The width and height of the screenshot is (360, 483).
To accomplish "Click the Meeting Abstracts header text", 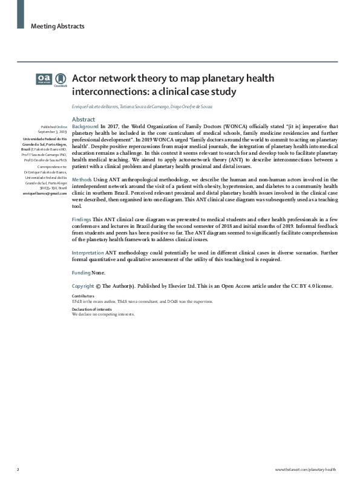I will [x=57, y=26].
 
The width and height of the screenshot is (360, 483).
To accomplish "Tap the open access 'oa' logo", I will [x=44, y=79].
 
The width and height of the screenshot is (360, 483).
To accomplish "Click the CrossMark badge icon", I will [x=61, y=80].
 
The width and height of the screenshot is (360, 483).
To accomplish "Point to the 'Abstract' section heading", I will [x=83, y=119].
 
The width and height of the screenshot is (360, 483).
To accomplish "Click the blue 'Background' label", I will [x=85, y=126].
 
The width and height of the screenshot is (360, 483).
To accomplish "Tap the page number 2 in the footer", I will [x=18, y=470].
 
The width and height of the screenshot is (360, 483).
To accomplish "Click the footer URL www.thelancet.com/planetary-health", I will [x=305, y=470].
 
